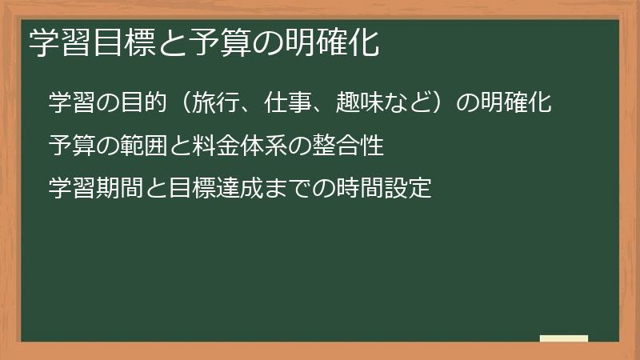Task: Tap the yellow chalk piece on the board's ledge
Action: [x=563, y=339]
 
